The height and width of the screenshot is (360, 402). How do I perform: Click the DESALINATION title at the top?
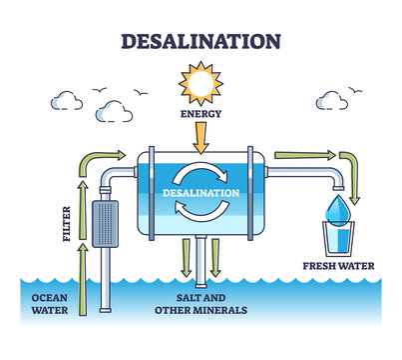201,41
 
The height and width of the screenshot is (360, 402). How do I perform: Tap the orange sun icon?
201,83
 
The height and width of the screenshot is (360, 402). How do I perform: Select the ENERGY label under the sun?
201,115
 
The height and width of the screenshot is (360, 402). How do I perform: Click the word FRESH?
321,266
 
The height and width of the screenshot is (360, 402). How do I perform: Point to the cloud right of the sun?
334,99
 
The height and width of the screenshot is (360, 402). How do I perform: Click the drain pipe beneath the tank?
201,261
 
